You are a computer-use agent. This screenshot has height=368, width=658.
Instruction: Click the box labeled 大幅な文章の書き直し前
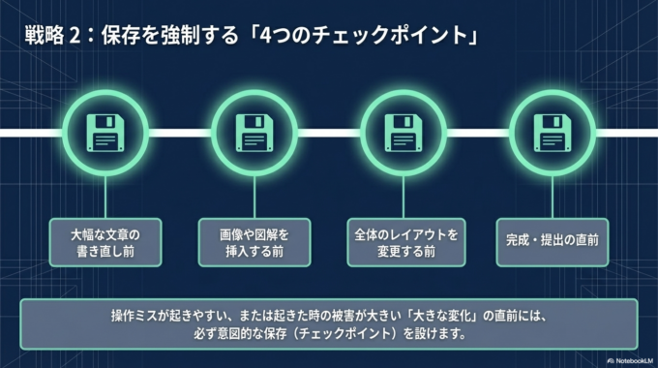[x=105, y=242]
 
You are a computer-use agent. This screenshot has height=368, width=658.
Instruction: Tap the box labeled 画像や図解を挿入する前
[x=254, y=242]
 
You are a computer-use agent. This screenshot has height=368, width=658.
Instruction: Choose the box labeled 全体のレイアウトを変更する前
[x=404, y=242]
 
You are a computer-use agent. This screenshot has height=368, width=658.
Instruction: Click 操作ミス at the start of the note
[x=133, y=317]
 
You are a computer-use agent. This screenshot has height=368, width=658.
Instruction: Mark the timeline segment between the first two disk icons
[x=179, y=132]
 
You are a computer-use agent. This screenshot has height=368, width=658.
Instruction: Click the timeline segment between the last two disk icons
[x=477, y=132]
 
